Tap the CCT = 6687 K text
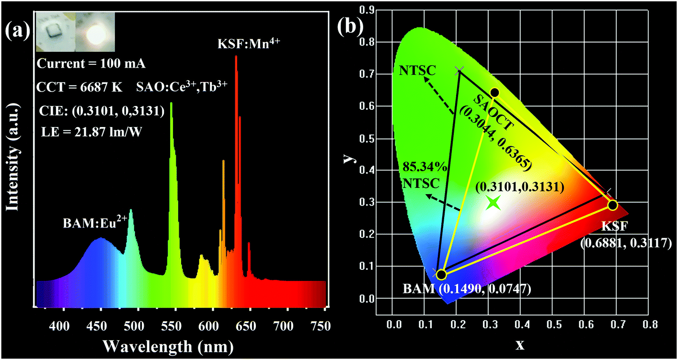coord(80,88)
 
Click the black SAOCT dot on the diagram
coord(494,92)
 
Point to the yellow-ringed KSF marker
coord(612,205)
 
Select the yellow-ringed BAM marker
coord(441,275)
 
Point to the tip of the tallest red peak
coord(236,57)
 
